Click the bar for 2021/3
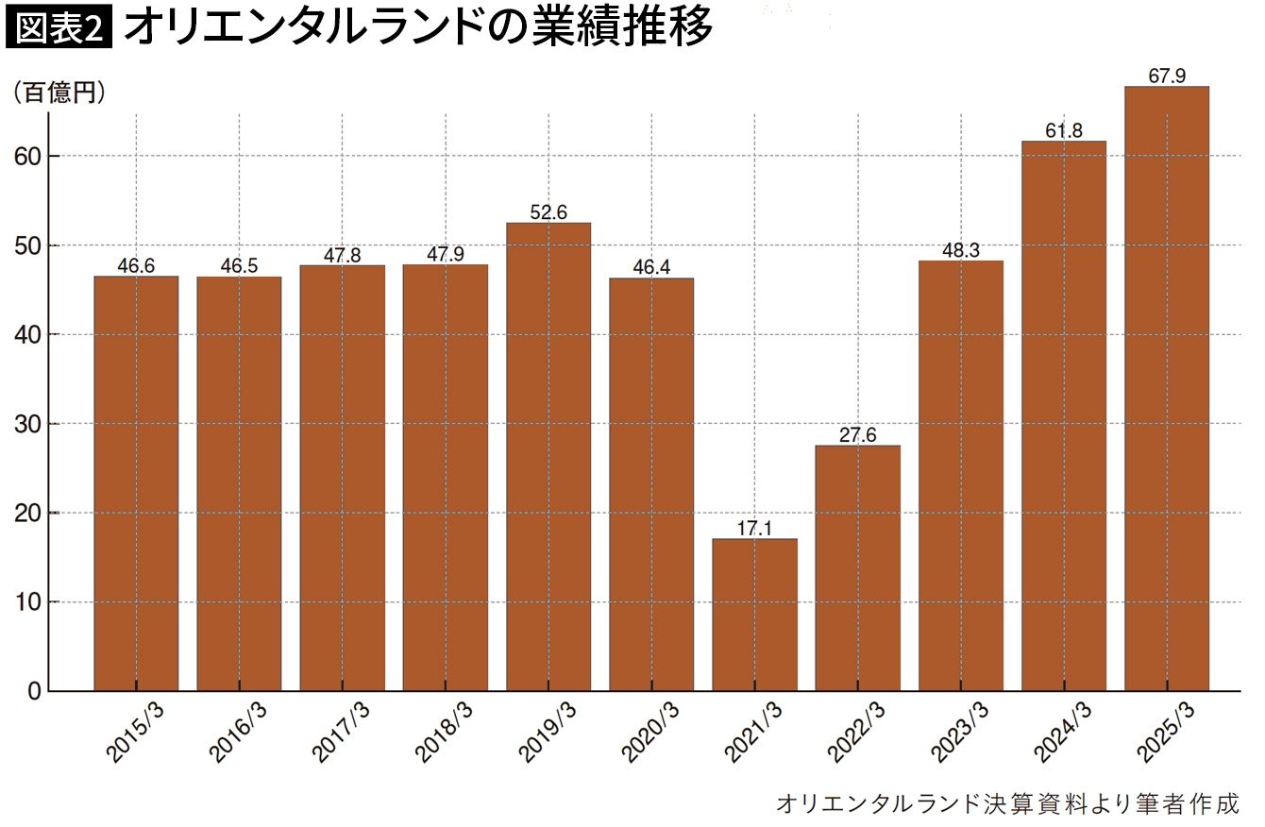point(754,615)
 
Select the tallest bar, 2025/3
point(1167,389)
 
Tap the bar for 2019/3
point(548,456)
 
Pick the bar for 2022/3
point(858,567)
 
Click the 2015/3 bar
point(136,483)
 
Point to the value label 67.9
point(1167,76)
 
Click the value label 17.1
point(754,528)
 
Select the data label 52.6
point(548,212)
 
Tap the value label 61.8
point(1064,130)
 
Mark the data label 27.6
point(858,435)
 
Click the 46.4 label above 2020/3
point(651,267)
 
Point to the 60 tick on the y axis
point(28,157)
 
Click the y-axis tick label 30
point(28,424)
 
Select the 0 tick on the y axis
point(35,691)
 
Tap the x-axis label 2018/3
point(444,734)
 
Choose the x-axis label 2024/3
point(1063,734)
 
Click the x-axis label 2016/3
point(238,734)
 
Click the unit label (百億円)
point(59,93)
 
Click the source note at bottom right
point(1007,803)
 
